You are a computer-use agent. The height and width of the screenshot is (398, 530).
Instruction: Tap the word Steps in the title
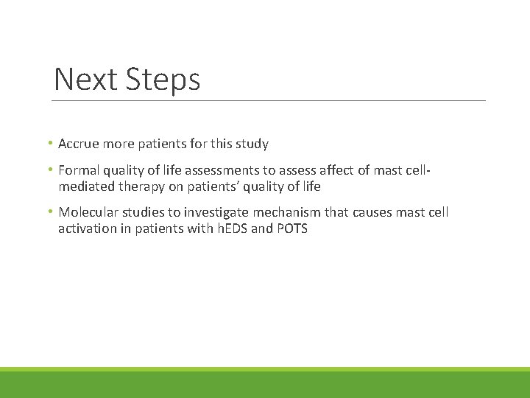[164, 80]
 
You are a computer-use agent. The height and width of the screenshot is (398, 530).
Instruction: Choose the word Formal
[79, 171]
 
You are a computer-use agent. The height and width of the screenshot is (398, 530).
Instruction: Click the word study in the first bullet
[252, 144]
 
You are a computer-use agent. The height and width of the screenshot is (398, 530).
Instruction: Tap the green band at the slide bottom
[265, 383]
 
